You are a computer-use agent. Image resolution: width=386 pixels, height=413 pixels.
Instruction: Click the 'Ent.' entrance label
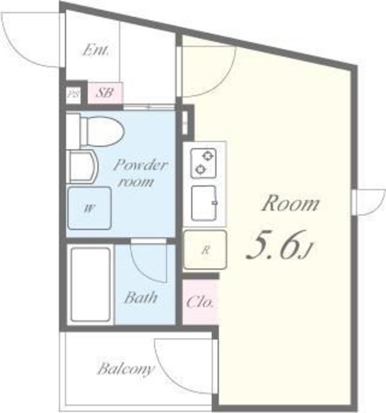[95, 50]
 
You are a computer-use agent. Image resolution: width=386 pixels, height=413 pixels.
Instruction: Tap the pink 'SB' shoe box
[105, 93]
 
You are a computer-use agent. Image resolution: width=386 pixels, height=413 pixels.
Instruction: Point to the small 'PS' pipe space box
[73, 94]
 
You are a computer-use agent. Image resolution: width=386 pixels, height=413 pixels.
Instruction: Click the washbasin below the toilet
[82, 166]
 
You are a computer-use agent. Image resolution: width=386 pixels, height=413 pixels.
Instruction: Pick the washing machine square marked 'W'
[90, 208]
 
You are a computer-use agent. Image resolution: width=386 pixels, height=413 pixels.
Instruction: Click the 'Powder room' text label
[140, 174]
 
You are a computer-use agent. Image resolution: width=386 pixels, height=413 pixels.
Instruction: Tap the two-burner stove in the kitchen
[204, 163]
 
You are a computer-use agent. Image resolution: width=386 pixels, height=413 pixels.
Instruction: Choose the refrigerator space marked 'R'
[205, 250]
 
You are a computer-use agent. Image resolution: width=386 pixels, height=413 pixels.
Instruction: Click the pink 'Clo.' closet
[200, 302]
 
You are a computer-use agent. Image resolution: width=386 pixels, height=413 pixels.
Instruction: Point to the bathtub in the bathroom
[90, 285]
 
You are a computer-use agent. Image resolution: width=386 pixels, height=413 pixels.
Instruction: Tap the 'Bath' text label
[141, 297]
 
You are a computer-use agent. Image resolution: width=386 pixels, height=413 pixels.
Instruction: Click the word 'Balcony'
[126, 369]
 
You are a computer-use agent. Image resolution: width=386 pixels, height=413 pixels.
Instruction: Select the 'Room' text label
[291, 204]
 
